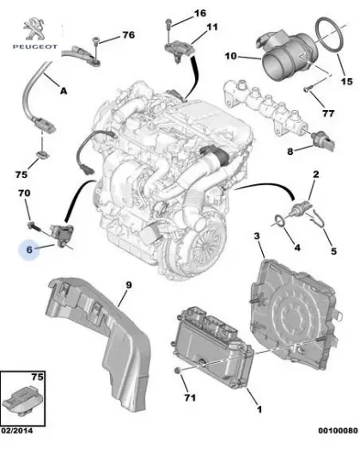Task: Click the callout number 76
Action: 128,35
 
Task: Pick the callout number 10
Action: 230,56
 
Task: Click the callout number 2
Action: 315,175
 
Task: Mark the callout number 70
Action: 25,195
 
